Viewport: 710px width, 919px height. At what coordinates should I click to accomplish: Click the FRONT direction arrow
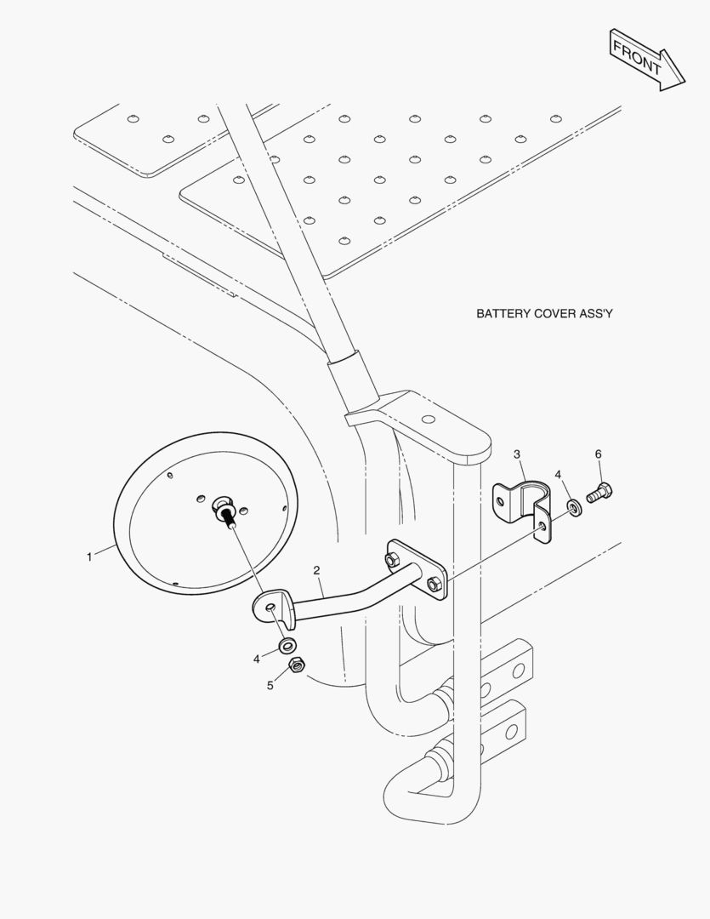[x=647, y=60]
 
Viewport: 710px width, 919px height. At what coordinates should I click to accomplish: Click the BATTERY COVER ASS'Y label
[x=544, y=313]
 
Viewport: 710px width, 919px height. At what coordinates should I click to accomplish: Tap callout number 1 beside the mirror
[x=89, y=557]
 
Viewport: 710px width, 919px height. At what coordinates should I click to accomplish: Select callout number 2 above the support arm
[x=317, y=570]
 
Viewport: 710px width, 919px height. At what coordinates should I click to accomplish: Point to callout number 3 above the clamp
[x=517, y=454]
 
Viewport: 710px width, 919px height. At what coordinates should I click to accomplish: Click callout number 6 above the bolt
[x=598, y=454]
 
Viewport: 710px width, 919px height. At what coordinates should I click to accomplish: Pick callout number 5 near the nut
[x=270, y=686]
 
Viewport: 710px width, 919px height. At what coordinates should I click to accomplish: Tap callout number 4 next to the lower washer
[x=257, y=659]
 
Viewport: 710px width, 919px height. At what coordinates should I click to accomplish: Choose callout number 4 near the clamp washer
[x=558, y=475]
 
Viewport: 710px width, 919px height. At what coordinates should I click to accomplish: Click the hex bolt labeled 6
[x=599, y=494]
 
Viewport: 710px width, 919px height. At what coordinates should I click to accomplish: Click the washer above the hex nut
[x=287, y=645]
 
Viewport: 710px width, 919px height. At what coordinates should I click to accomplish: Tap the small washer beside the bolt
[x=574, y=507]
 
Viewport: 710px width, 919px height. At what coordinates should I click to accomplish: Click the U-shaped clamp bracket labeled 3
[x=524, y=510]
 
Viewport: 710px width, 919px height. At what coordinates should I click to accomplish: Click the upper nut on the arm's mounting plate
[x=390, y=559]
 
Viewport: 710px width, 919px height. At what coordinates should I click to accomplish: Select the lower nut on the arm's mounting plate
[x=434, y=584]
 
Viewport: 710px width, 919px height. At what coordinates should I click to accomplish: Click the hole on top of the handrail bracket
[x=429, y=419]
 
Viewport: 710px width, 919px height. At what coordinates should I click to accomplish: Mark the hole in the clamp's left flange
[x=500, y=502]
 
